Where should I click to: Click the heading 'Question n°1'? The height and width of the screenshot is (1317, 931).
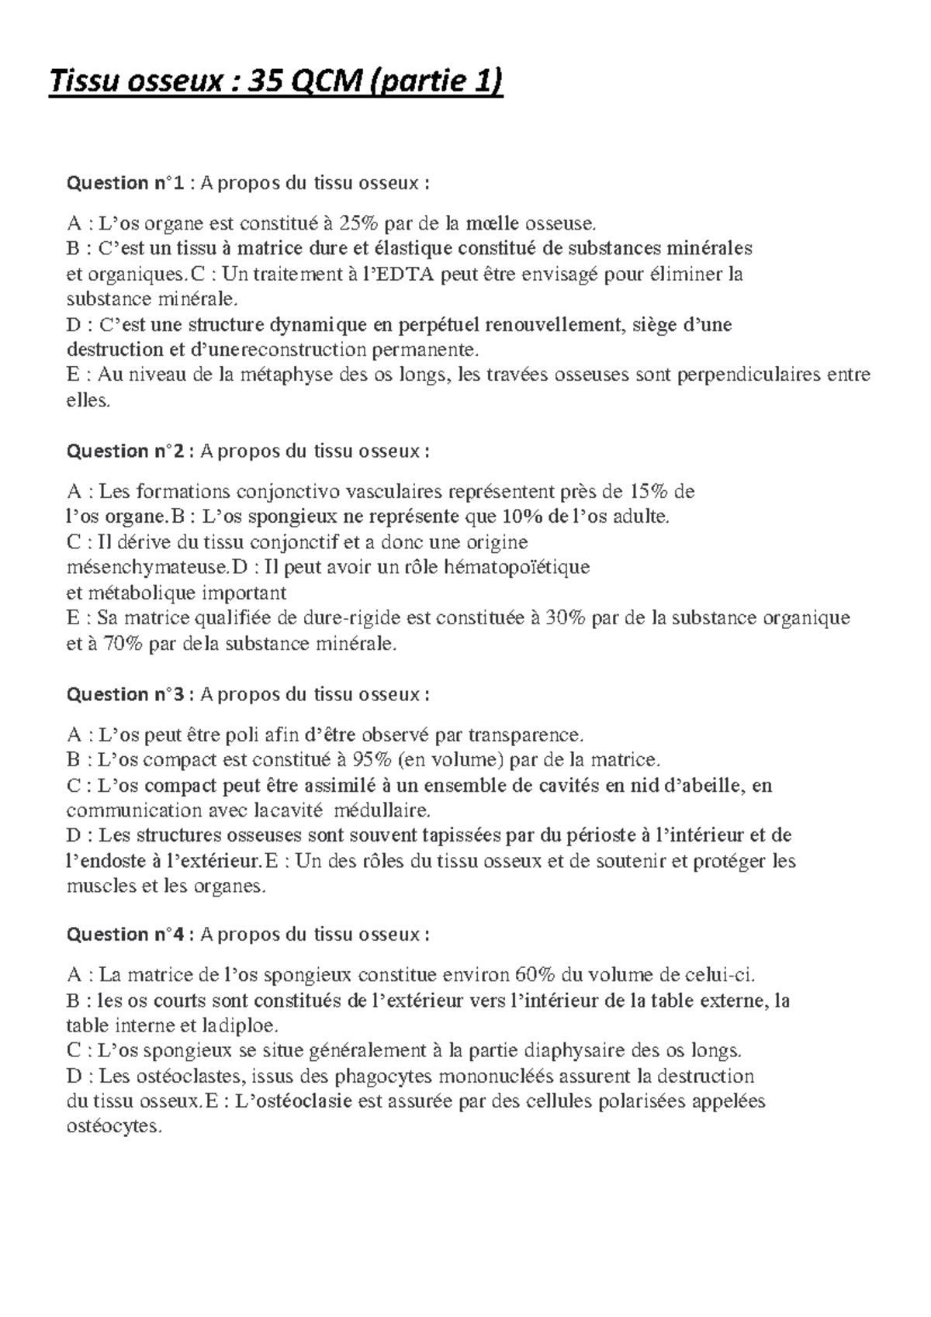click(126, 183)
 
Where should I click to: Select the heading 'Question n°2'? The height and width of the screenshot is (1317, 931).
click(126, 451)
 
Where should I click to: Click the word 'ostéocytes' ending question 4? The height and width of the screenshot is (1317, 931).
click(113, 1127)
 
